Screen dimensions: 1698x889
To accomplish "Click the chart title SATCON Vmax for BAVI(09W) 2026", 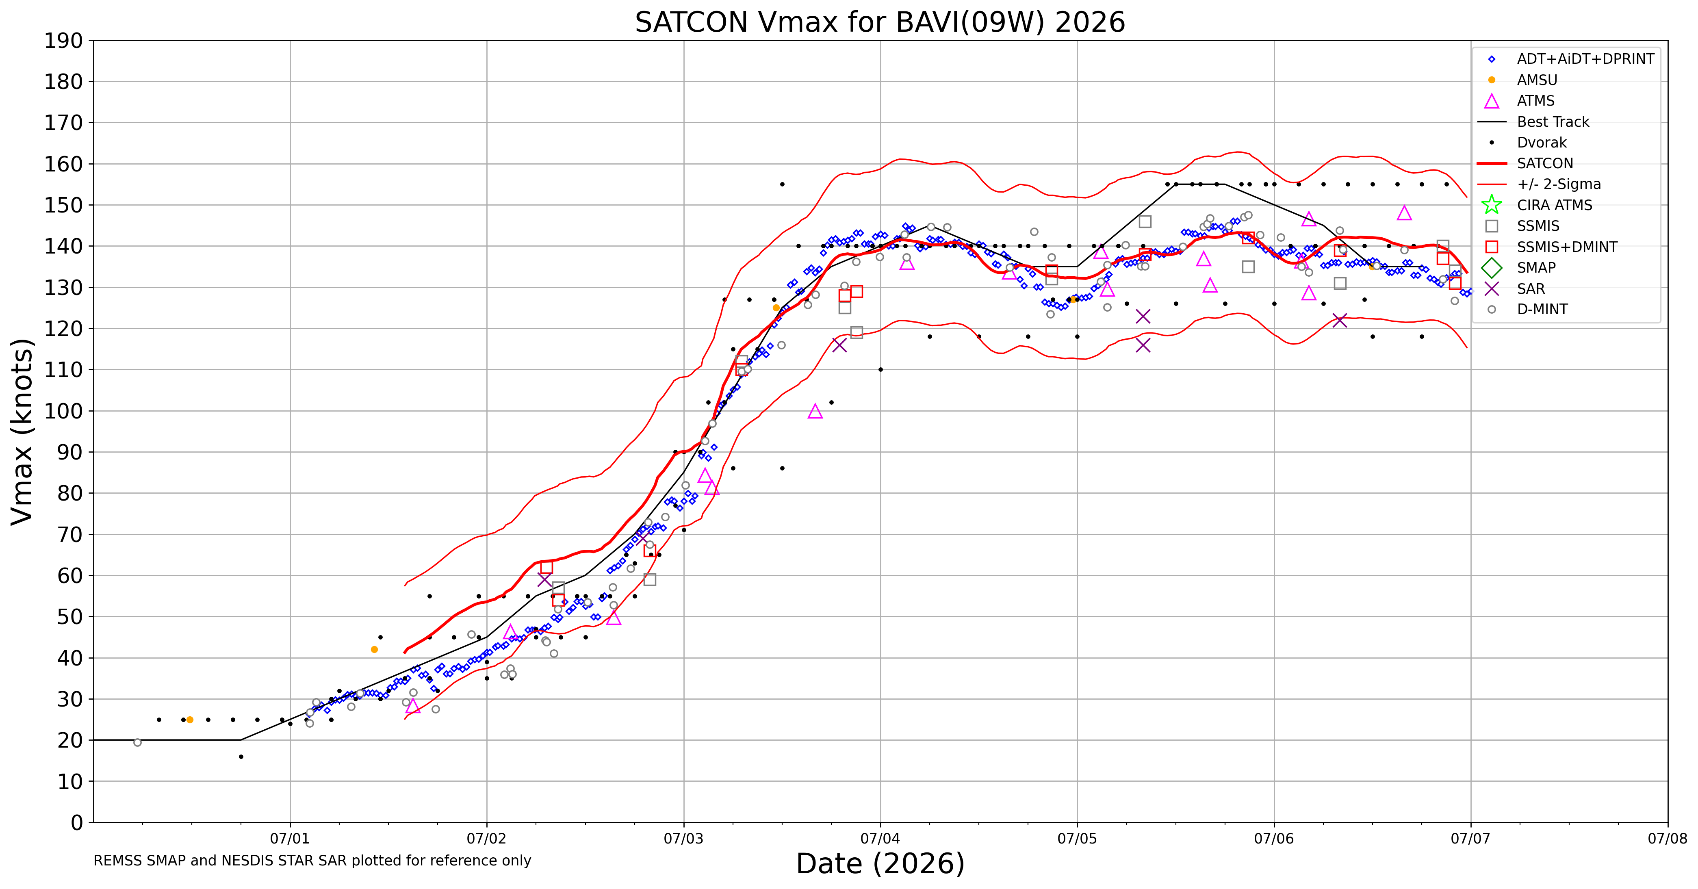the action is pos(880,22).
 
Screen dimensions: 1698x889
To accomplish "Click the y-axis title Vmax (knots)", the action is pos(22,431).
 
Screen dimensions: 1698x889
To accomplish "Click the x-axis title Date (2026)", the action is pos(880,863).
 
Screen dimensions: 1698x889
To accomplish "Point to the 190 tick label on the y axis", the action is pos(64,41).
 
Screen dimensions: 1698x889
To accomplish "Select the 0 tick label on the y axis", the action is pos(77,822).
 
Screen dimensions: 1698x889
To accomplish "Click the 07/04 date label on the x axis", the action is pos(880,839).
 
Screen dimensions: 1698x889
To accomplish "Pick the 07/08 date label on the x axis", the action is pos(1668,839).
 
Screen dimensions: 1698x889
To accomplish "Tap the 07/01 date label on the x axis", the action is pos(290,839).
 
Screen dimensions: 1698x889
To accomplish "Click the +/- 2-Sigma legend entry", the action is pos(1539,184).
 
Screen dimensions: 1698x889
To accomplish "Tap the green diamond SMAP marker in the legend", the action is pos(1492,268).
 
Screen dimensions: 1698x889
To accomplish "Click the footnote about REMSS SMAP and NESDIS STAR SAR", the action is pos(312,861).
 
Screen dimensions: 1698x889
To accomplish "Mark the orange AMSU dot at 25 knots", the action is pos(190,720).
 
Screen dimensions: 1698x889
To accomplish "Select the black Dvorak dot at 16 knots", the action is pos(241,757).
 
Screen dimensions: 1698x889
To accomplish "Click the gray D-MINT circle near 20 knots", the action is pos(137,742).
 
